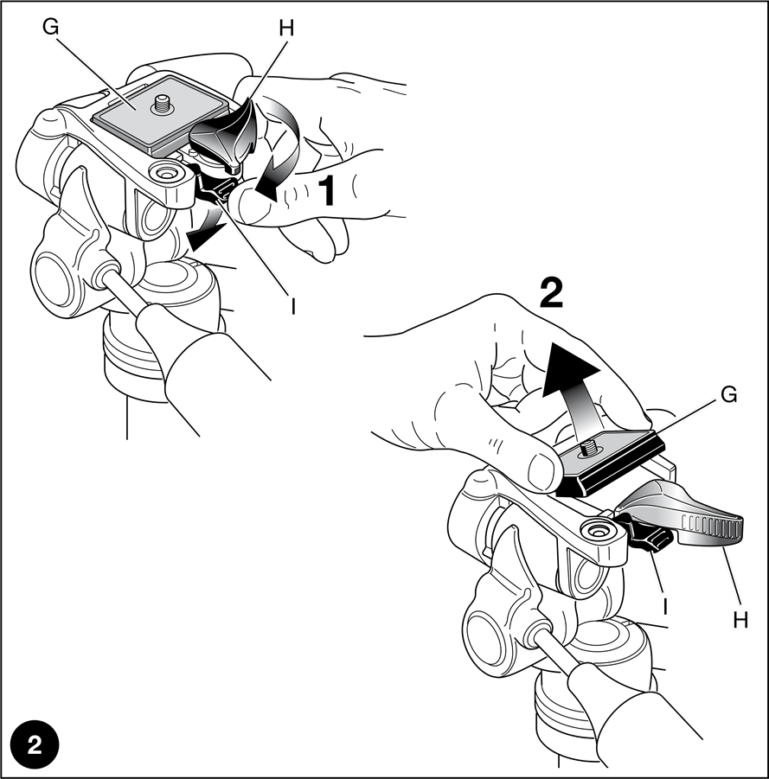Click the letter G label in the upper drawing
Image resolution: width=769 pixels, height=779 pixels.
pos(51,27)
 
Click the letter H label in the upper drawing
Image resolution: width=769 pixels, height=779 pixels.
pos(286,29)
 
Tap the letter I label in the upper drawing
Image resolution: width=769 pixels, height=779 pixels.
pos(293,306)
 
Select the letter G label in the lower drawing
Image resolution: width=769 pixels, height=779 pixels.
pos(728,395)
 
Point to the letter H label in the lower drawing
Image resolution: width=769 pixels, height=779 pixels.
pos(740,621)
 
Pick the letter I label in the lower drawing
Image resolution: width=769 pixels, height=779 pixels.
pos(664,607)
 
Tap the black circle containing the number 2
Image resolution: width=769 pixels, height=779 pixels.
pos(35,745)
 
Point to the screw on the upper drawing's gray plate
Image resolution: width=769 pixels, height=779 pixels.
pos(162,105)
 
